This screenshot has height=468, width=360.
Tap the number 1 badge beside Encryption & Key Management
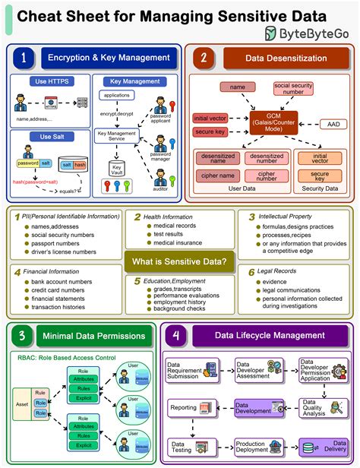tap(25, 57)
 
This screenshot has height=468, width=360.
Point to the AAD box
tap(333, 124)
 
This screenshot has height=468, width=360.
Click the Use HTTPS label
tap(46, 81)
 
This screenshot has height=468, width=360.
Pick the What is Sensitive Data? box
tap(180, 262)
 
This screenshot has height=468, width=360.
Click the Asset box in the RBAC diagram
tap(22, 404)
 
